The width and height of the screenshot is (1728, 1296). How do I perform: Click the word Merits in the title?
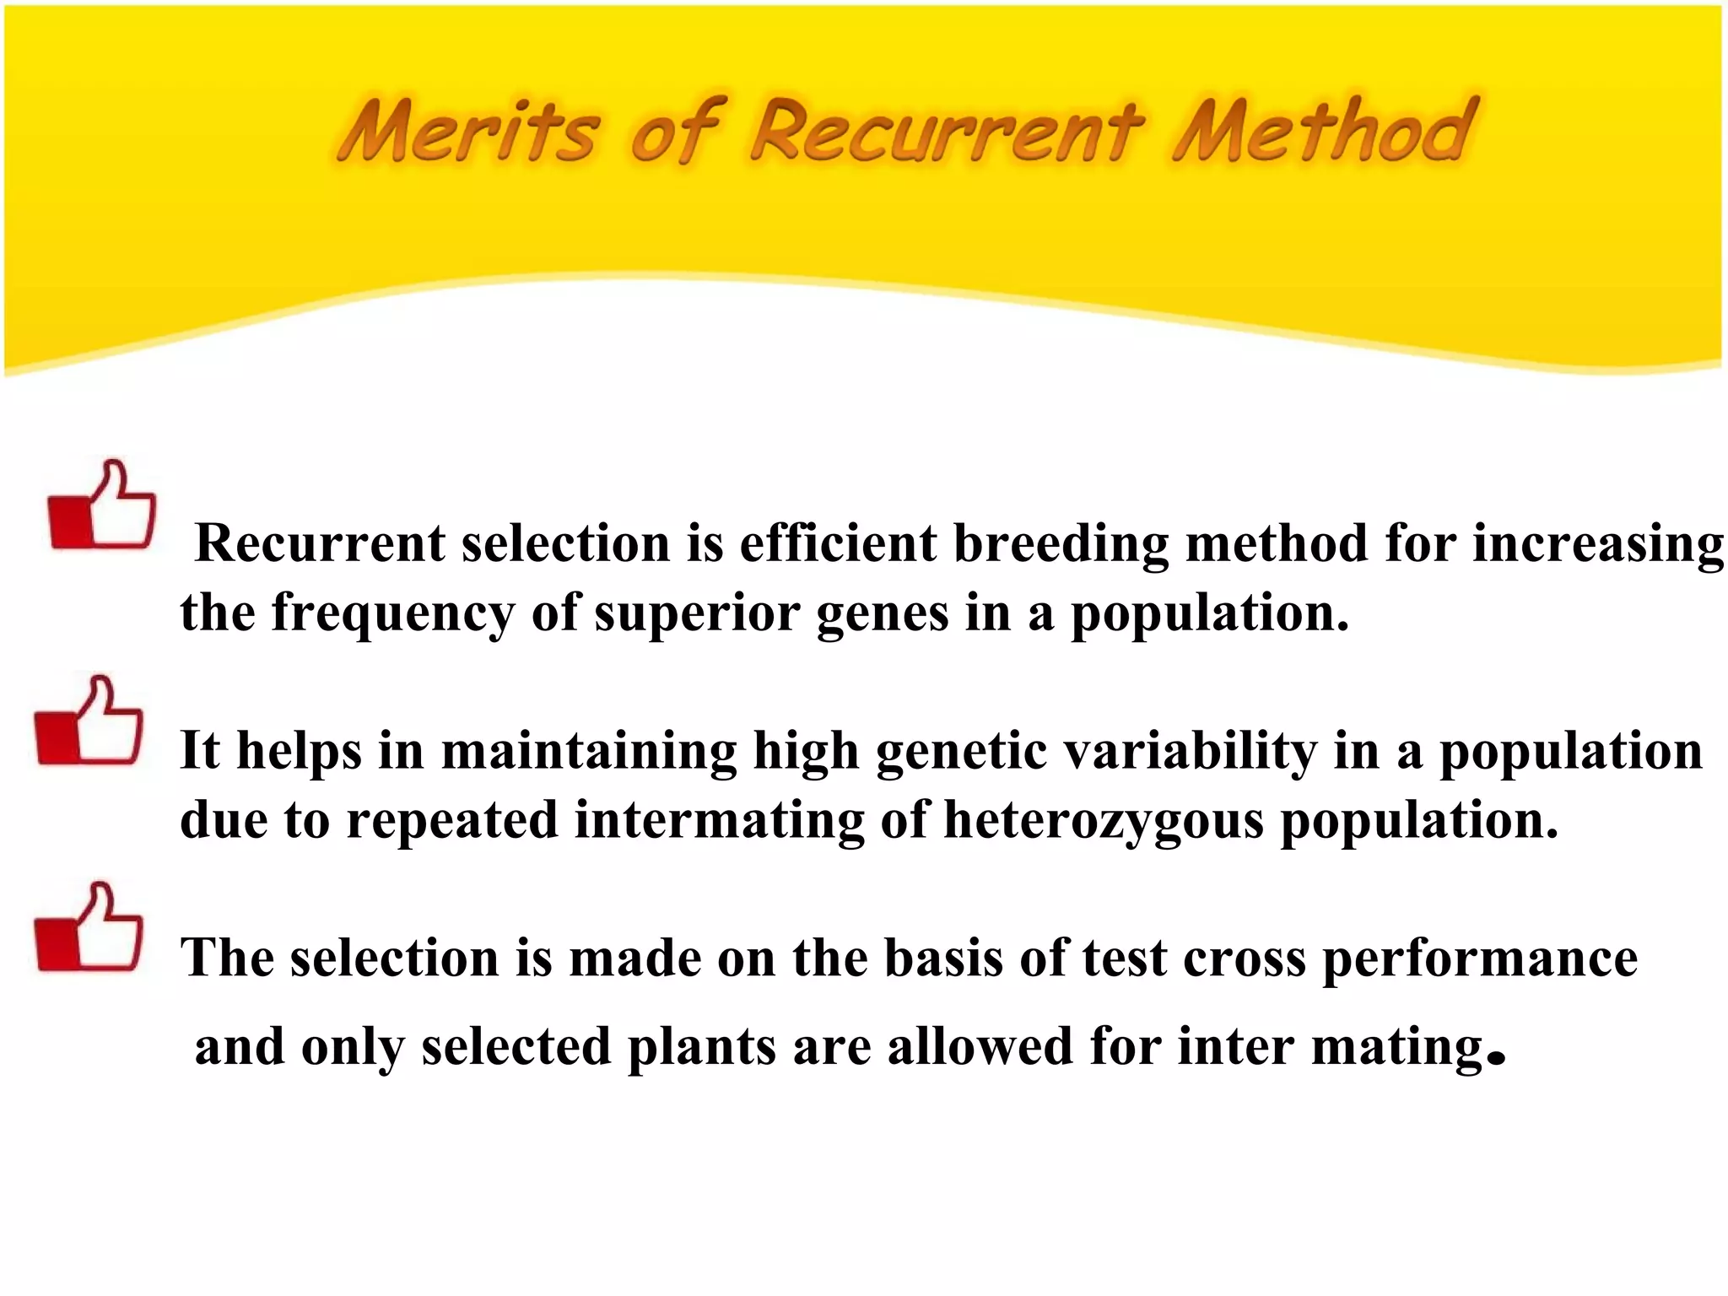469,131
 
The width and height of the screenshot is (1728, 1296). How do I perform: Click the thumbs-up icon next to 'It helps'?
89,721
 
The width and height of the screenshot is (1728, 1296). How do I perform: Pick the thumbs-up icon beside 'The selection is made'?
89,928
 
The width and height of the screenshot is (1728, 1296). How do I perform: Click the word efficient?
838,543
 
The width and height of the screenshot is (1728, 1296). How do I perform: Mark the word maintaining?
589,751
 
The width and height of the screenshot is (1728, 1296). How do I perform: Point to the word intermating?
720,820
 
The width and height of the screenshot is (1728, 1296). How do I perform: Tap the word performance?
1480,960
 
